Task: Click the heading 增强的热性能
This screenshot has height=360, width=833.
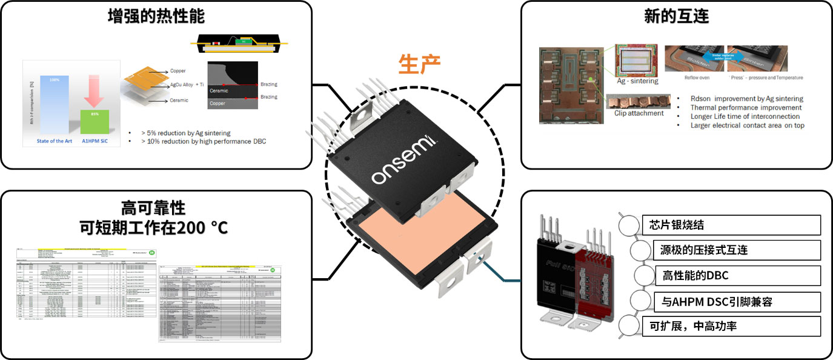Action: pos(156,16)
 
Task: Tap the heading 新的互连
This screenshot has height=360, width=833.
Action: pos(676,16)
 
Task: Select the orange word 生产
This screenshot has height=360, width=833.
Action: pos(419,64)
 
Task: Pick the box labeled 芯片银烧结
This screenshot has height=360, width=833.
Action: pos(731,225)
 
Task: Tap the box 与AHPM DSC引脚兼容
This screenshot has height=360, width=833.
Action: pos(738,301)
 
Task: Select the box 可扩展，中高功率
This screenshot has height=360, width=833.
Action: pos(731,326)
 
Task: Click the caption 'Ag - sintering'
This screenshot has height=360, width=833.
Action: pos(637,81)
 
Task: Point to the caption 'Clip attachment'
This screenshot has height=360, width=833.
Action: pos(639,113)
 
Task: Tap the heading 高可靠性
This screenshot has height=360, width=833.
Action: pos(156,208)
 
